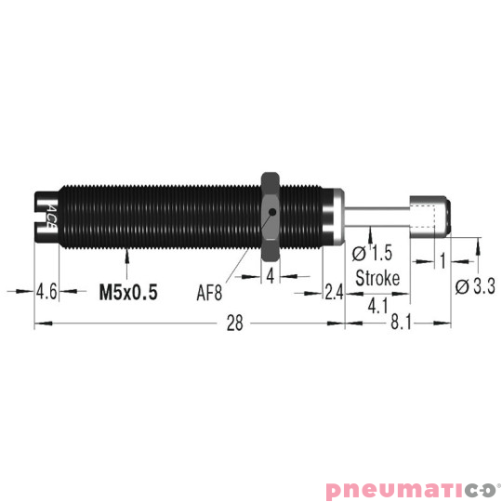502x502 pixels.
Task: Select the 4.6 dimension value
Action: point(47,292)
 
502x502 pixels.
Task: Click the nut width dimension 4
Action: point(271,277)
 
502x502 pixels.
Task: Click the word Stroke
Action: point(377,278)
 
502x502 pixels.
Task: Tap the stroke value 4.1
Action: point(377,304)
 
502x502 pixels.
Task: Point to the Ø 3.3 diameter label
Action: point(474,287)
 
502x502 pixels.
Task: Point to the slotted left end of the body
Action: point(45,212)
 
